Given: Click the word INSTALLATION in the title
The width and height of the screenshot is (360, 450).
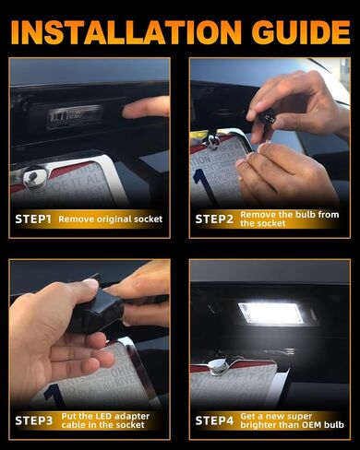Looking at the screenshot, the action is coord(126,32).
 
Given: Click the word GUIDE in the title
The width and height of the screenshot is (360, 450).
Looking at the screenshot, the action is coord(301,32).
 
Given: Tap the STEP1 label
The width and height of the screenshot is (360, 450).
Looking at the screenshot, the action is coord(33,219).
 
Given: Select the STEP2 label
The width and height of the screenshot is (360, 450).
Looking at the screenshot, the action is coord(214,219).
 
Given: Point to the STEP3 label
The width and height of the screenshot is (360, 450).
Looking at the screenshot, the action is coord(34,420).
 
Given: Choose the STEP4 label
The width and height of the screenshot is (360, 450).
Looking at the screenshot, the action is coord(214,420).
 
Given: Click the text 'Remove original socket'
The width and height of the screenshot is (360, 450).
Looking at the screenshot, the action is coord(111,219).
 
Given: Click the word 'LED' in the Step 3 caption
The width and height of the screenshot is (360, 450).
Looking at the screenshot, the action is coord(103,417).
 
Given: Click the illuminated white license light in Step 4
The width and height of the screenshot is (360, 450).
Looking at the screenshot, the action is coord(270,314).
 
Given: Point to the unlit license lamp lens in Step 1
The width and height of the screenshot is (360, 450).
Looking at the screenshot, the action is coord(75,117).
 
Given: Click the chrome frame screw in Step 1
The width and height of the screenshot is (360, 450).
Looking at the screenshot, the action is coord(34,178).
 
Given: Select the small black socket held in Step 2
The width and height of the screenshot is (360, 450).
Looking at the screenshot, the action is coord(266,117).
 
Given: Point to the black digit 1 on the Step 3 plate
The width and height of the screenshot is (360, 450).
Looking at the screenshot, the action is coord(53,397).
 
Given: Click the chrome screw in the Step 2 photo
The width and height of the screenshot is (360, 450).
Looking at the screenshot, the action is coord(212,139).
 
